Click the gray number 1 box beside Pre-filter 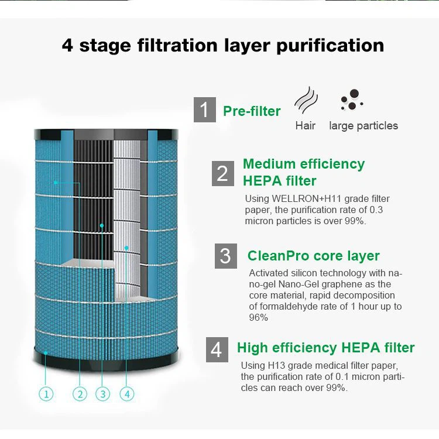204,110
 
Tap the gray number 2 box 222,173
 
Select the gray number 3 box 225,256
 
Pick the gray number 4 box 217,349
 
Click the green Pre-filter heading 252,111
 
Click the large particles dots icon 352,100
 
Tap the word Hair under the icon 305,126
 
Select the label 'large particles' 363,126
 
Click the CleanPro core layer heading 313,256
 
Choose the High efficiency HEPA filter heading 325,348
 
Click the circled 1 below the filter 47,394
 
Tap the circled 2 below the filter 80,394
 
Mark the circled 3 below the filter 102,394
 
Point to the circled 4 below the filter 126,394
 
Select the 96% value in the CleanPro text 258,318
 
